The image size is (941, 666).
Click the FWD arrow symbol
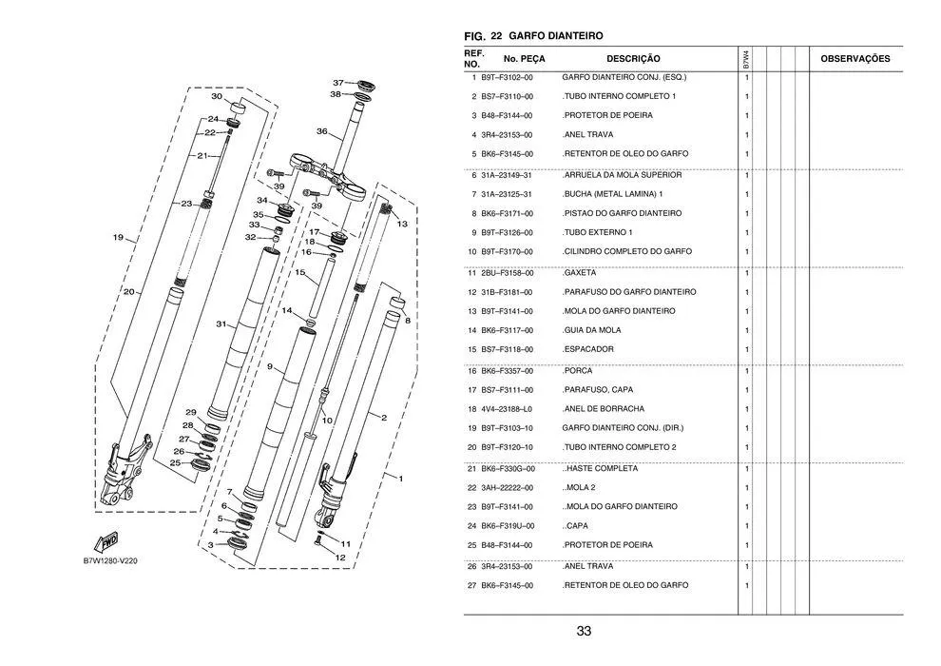106,542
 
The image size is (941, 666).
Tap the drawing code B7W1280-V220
110,561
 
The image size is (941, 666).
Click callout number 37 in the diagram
338,83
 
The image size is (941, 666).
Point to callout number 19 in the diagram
118,237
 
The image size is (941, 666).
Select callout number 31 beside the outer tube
221,324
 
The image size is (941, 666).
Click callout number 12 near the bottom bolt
340,558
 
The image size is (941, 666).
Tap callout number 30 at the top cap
217,96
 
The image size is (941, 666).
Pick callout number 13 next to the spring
402,224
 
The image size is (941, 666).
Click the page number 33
584,631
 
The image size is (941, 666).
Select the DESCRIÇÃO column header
633,59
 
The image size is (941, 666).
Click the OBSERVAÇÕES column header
855,59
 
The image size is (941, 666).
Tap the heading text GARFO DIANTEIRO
556,36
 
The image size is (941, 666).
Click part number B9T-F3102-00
508,77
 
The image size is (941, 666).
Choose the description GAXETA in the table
580,273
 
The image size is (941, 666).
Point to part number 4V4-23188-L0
508,409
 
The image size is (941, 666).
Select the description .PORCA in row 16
577,370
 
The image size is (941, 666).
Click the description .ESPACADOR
588,349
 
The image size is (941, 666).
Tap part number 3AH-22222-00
508,488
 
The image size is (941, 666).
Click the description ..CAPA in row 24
575,525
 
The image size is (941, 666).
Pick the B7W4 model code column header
745,59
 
